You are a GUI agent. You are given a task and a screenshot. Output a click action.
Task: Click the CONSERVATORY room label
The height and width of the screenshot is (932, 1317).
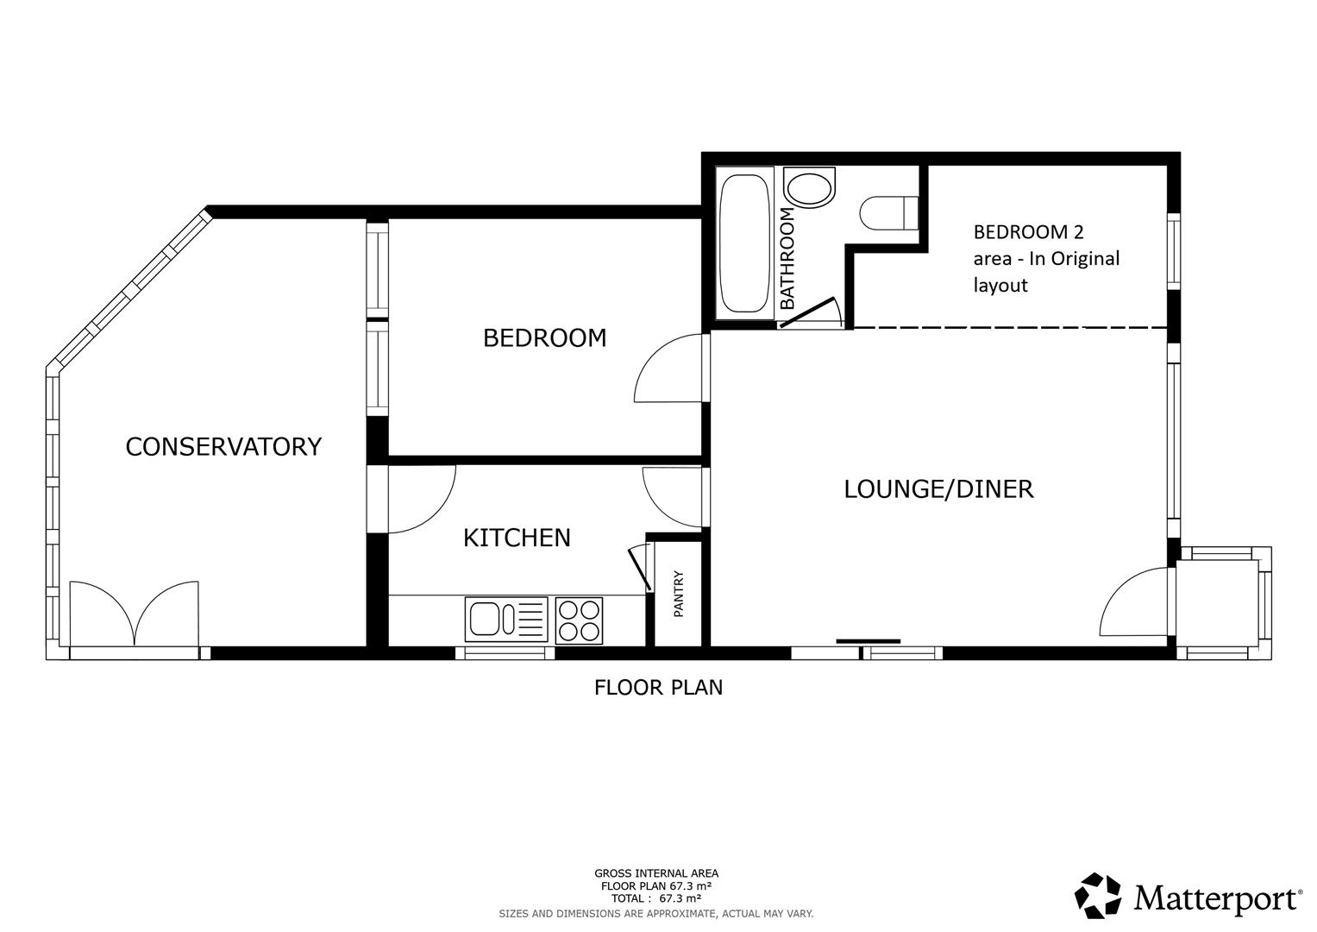[223, 446]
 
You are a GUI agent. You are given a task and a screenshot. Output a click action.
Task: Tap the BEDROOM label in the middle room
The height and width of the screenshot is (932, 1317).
[544, 337]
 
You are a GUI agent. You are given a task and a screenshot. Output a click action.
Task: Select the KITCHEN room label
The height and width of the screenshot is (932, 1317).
[517, 538]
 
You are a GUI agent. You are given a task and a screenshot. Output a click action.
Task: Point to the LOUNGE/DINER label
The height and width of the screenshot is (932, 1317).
[938, 489]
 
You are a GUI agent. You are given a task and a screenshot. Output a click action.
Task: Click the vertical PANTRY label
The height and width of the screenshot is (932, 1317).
[679, 594]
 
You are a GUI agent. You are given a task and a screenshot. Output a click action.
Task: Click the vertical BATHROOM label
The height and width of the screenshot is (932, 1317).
[787, 258]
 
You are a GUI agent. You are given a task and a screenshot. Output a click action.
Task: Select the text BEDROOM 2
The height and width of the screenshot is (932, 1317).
[1028, 231]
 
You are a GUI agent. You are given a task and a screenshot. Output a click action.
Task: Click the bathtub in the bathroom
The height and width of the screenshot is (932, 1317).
[744, 244]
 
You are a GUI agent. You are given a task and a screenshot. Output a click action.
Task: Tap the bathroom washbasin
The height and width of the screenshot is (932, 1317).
[810, 189]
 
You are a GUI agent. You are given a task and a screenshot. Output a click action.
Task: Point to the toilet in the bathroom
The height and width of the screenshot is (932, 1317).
[888, 212]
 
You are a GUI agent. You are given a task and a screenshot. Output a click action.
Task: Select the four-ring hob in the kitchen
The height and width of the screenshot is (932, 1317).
[579, 620]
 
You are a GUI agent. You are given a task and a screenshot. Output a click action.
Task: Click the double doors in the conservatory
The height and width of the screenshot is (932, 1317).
[135, 614]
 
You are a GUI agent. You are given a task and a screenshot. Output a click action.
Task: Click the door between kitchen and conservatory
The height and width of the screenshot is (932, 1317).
[421, 501]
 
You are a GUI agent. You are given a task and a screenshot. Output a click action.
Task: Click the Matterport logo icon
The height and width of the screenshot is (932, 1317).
[1097, 896]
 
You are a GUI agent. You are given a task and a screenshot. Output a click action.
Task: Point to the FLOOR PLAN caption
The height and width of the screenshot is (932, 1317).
[658, 688]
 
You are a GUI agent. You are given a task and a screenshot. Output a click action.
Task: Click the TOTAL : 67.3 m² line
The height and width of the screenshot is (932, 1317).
[655, 898]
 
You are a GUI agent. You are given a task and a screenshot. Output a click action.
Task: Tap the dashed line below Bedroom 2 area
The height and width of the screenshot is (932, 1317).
[1009, 328]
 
